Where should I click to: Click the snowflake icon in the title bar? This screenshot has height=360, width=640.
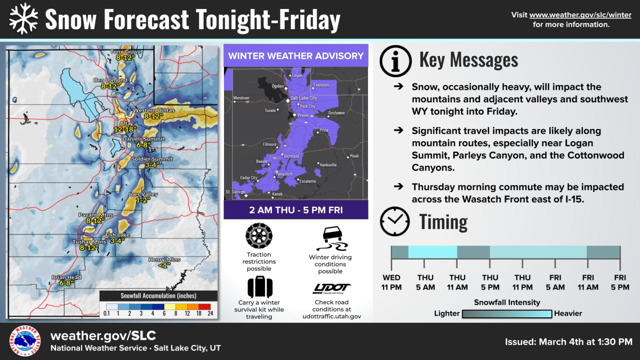tap(24, 19)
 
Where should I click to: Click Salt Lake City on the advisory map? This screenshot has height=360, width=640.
tap(303, 99)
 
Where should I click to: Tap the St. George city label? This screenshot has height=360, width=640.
tap(235, 191)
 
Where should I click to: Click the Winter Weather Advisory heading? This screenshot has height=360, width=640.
tap(296, 55)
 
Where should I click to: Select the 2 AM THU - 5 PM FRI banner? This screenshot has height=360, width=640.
tap(296, 210)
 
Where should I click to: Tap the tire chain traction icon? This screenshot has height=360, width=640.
tap(259, 236)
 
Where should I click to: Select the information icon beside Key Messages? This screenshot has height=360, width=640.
tap(395, 61)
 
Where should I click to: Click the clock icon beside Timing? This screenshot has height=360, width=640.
tap(395, 221)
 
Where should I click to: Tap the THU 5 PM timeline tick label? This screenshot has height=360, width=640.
tap(490, 282)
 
